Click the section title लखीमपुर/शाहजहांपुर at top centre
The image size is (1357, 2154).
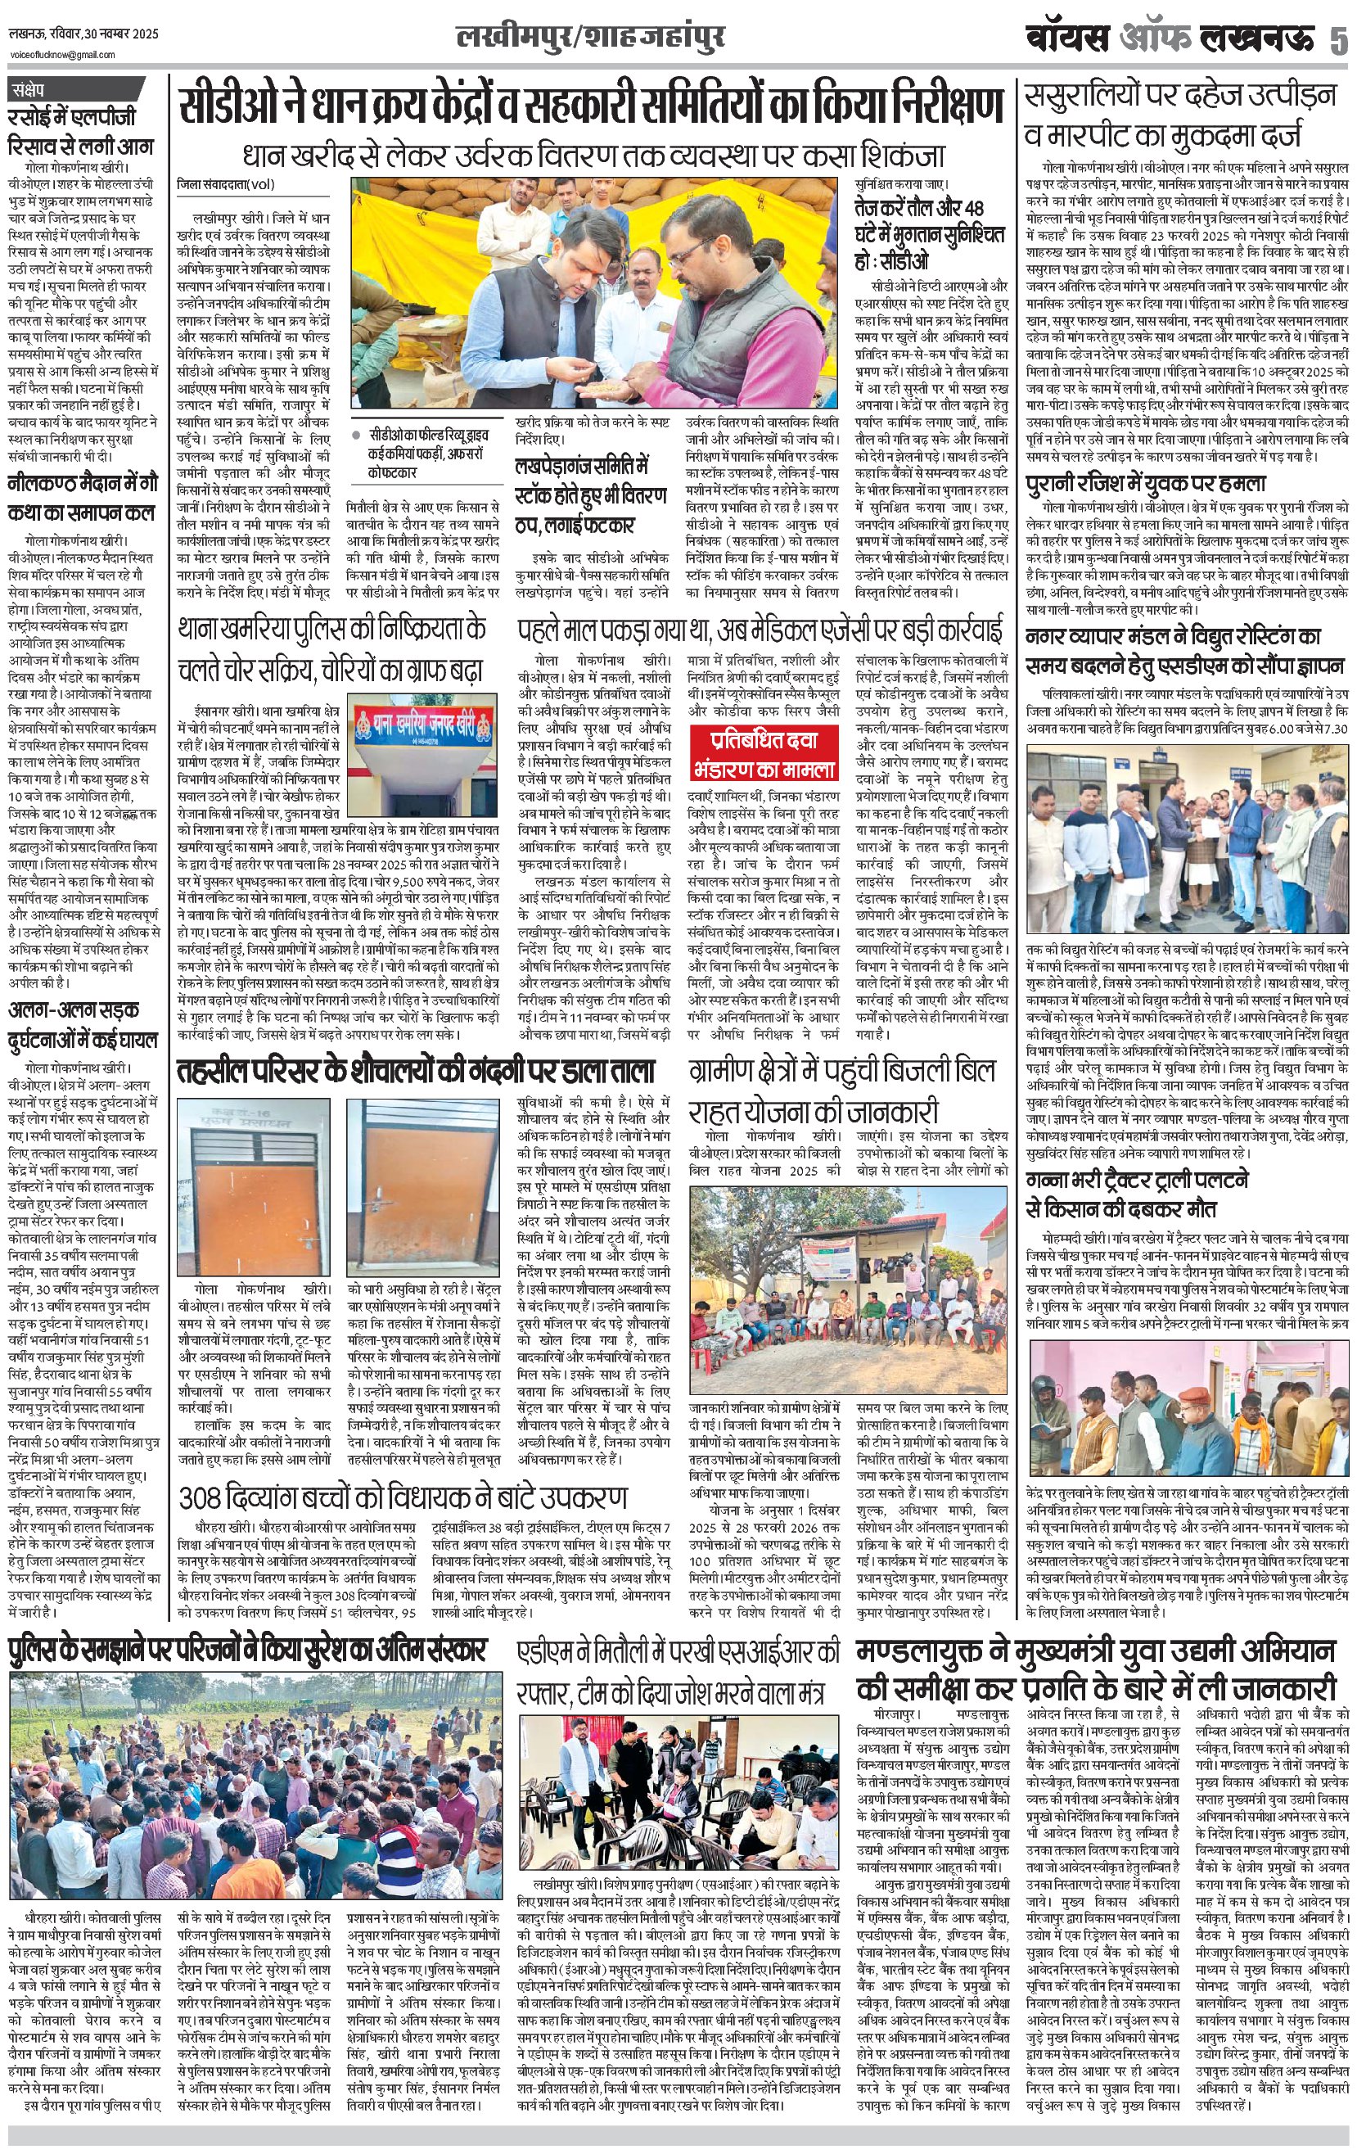[x=589, y=38]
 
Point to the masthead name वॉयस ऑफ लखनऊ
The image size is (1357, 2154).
[x=1171, y=39]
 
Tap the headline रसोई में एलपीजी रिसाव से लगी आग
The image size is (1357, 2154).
[x=80, y=132]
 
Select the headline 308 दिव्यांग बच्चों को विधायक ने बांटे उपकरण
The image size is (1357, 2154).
[x=403, y=1497]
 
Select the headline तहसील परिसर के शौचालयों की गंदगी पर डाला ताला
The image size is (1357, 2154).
[x=415, y=1071]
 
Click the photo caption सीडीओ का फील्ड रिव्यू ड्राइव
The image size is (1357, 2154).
[x=430, y=441]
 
